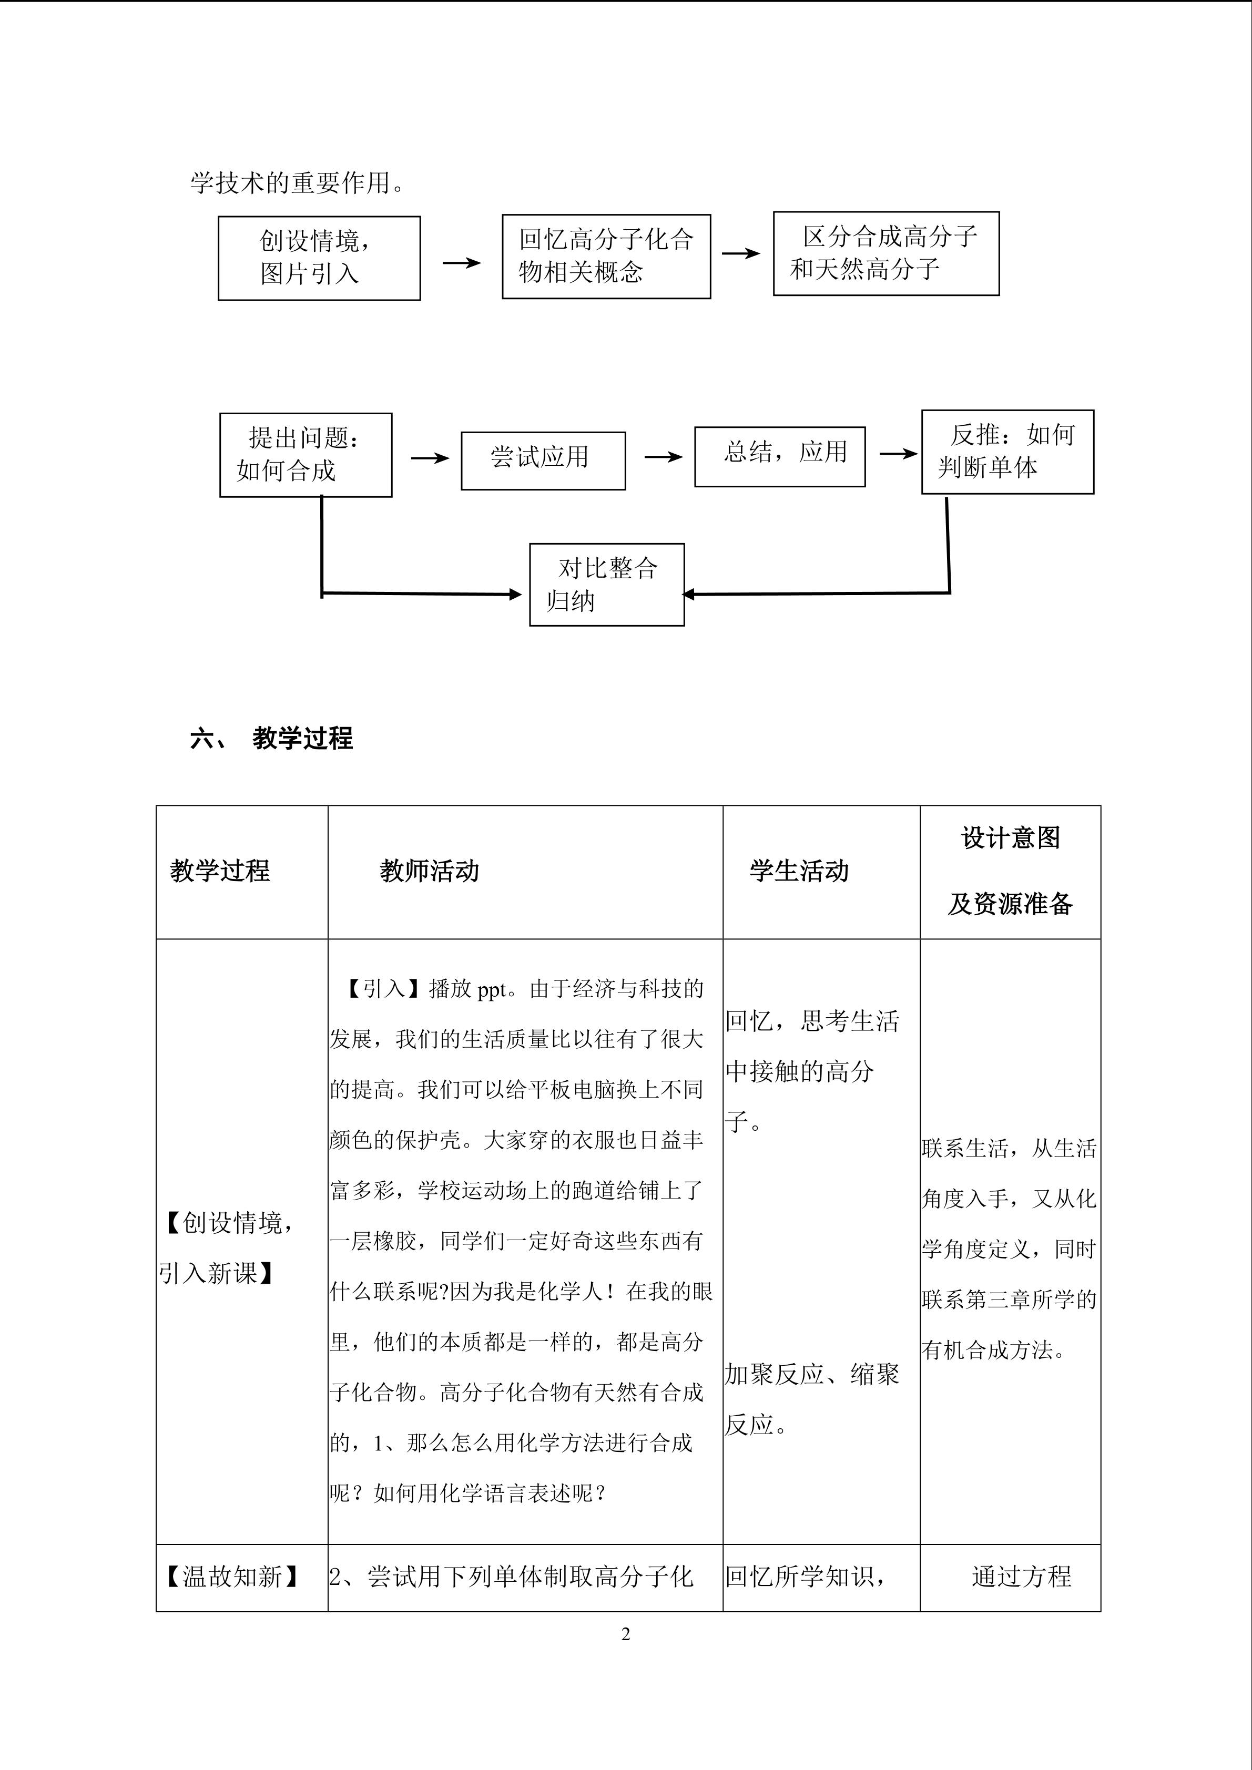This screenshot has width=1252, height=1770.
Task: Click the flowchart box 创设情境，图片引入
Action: (x=319, y=258)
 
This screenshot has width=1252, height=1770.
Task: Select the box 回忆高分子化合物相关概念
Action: (x=606, y=256)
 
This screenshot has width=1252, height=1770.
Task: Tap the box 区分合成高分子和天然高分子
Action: (x=886, y=253)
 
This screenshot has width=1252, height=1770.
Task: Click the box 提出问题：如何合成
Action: (x=306, y=454)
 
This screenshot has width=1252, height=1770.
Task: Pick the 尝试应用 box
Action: (x=543, y=460)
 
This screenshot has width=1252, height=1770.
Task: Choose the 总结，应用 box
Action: (x=779, y=456)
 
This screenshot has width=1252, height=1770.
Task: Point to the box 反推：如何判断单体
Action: (x=1007, y=451)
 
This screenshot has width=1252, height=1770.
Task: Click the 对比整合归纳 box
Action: (x=607, y=585)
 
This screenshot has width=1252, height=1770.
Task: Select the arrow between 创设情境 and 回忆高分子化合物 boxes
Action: (x=461, y=263)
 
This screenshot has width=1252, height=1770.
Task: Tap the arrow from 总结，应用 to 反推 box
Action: (x=898, y=454)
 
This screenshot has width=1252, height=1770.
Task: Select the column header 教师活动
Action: (x=430, y=871)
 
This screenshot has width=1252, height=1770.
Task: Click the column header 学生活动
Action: (x=799, y=871)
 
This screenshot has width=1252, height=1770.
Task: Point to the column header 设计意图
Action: (x=1010, y=838)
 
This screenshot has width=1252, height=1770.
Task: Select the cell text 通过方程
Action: (x=1021, y=1577)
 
